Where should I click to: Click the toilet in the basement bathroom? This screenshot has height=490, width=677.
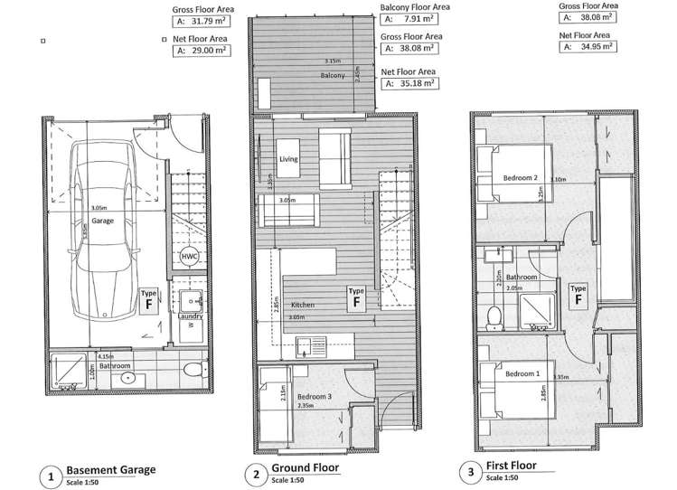[x=189, y=371]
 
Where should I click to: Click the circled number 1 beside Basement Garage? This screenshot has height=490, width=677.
[x=52, y=474]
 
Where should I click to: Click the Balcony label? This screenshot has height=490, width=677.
[x=332, y=76]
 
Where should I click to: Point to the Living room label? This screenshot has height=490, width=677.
[x=288, y=159]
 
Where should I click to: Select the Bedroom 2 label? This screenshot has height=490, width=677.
[x=521, y=178]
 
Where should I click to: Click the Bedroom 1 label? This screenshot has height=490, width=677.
[x=523, y=373]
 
